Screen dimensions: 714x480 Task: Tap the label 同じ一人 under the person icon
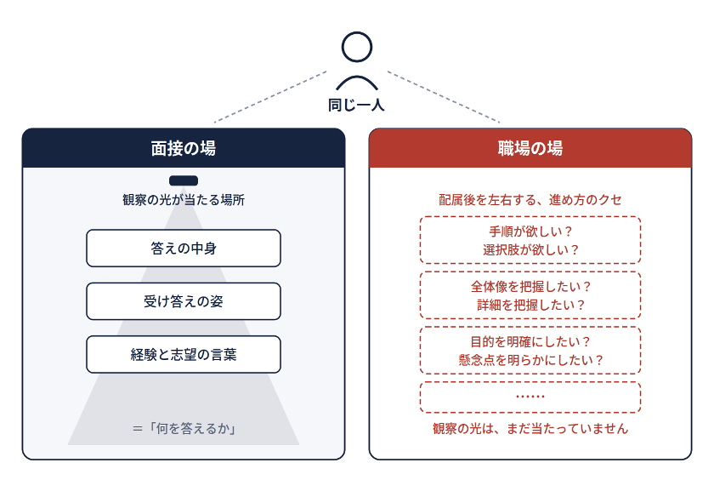[x=356, y=106]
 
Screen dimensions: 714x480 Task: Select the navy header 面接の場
[x=184, y=148]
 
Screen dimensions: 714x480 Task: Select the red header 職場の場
[x=530, y=148]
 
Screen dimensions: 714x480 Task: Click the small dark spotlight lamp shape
[x=184, y=180]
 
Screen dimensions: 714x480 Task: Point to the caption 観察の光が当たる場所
[x=184, y=200]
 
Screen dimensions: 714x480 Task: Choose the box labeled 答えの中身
[x=184, y=248]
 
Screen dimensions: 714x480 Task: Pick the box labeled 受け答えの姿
[x=184, y=301]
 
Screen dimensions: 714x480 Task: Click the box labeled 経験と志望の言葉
[x=184, y=354]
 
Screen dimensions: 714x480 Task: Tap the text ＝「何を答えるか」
[x=184, y=428]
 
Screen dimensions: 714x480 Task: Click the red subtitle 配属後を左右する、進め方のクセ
[x=530, y=200]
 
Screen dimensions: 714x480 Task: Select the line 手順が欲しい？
[x=530, y=231]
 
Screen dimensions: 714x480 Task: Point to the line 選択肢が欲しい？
[x=530, y=250]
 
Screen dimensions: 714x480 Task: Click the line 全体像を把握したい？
[x=530, y=287]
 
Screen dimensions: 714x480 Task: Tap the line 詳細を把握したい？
[x=530, y=305]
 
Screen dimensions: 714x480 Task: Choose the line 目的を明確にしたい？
[x=530, y=342]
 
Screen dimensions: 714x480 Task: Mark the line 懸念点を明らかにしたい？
[x=530, y=360]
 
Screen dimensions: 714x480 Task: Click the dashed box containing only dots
[x=530, y=383]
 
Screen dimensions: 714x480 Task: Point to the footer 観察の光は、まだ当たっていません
[x=530, y=428]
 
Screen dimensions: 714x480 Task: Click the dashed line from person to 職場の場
[x=444, y=97]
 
